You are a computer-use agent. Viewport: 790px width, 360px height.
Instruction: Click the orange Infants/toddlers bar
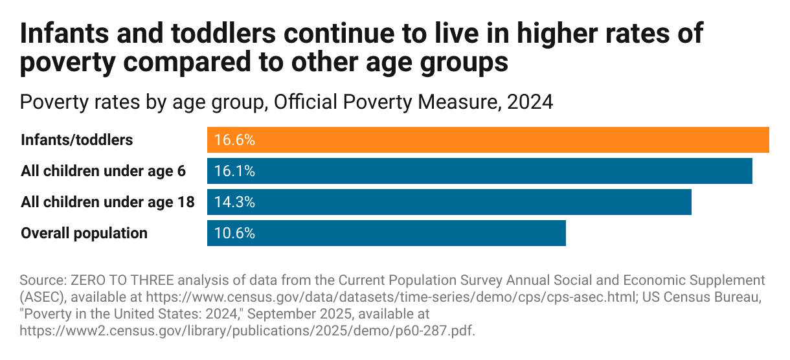coord(488,140)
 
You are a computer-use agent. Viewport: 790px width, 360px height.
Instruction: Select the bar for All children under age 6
coord(479,171)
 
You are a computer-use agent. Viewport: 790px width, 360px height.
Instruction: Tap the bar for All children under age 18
coord(449,202)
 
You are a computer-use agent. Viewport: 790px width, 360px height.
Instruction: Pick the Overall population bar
coord(386,233)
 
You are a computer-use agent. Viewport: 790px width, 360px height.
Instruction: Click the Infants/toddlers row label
coord(77,140)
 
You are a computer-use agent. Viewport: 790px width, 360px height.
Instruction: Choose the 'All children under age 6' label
coord(104,171)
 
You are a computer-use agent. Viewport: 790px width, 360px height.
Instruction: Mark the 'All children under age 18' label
coord(107,202)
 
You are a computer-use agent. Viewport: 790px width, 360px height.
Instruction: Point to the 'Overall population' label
coord(84,233)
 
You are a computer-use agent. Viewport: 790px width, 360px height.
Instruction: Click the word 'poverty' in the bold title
coord(70,63)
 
